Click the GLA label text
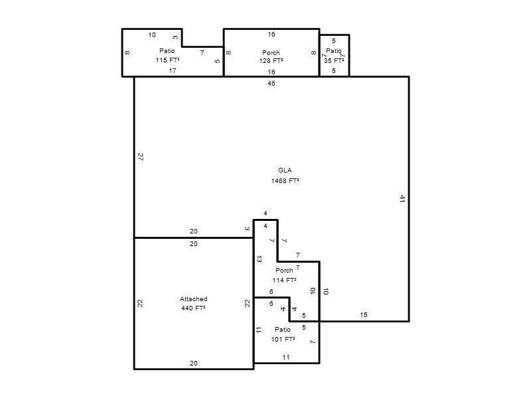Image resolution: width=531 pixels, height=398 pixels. pyautogui.click(x=285, y=170)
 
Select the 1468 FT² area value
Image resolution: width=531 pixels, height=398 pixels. pyautogui.click(x=285, y=180)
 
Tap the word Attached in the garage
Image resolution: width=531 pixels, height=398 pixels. pyautogui.click(x=193, y=299)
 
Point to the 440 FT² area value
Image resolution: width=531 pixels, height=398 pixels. pyautogui.click(x=193, y=308)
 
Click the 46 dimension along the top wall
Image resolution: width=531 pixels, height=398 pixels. pyautogui.click(x=271, y=84)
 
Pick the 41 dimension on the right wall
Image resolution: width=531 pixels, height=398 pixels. pyautogui.click(x=402, y=198)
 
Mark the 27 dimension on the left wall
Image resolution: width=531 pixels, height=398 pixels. pyautogui.click(x=141, y=157)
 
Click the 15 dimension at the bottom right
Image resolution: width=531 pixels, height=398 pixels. pyautogui.click(x=364, y=314)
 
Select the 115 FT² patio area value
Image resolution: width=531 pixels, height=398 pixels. pyautogui.click(x=167, y=60)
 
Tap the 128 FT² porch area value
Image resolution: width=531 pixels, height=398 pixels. pyautogui.click(x=271, y=61)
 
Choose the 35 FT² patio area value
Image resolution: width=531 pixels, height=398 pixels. pyautogui.click(x=334, y=61)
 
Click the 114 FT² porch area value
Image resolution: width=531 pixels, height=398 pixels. pyautogui.click(x=285, y=280)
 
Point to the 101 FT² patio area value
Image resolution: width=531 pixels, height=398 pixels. pyautogui.click(x=283, y=339)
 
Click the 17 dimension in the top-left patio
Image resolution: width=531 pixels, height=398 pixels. pyautogui.click(x=173, y=71)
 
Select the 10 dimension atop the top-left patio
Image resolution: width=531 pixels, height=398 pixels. pyautogui.click(x=152, y=35)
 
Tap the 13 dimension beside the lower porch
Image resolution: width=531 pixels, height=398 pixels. pyautogui.click(x=259, y=259)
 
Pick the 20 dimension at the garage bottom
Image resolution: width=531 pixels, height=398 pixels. pyautogui.click(x=193, y=363)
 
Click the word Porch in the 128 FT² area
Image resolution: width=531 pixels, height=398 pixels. pyautogui.click(x=271, y=53)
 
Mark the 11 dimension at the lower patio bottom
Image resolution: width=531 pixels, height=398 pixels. pyautogui.click(x=286, y=357)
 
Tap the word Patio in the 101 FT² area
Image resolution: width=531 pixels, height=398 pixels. pyautogui.click(x=283, y=329)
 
